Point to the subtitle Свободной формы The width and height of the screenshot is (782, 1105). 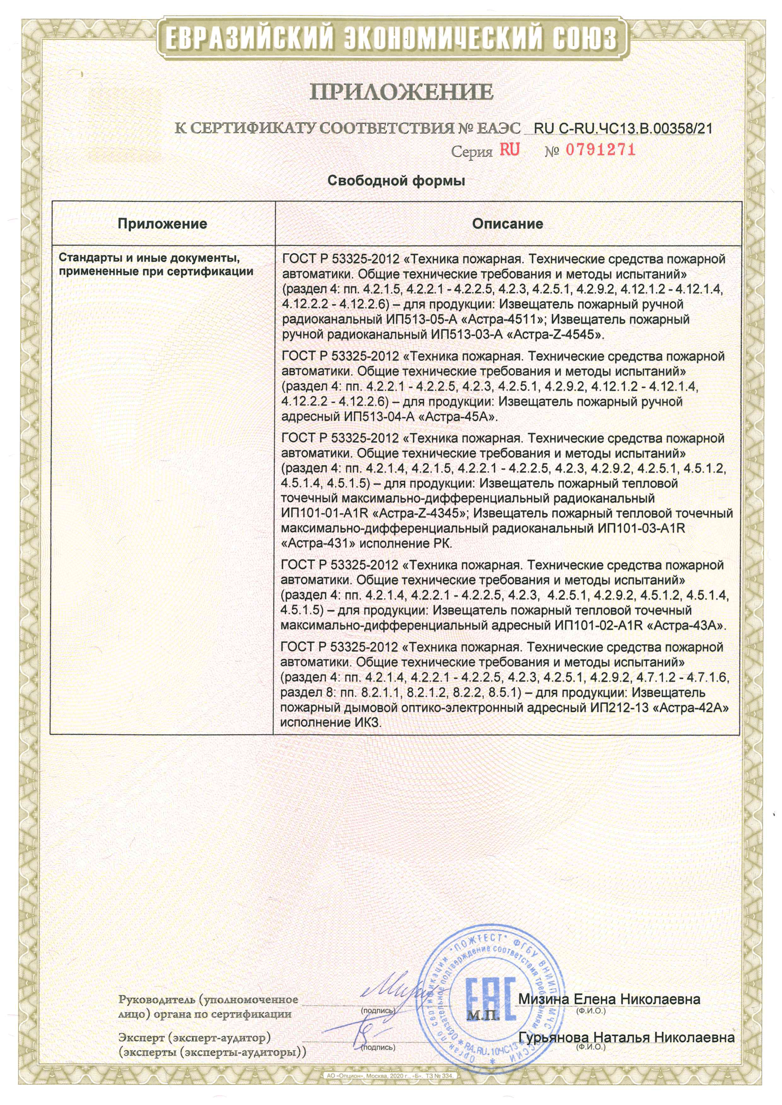pyautogui.click(x=396, y=181)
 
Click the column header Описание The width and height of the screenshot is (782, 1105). pyautogui.click(x=507, y=224)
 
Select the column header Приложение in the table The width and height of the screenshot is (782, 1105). pyautogui.click(x=162, y=224)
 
